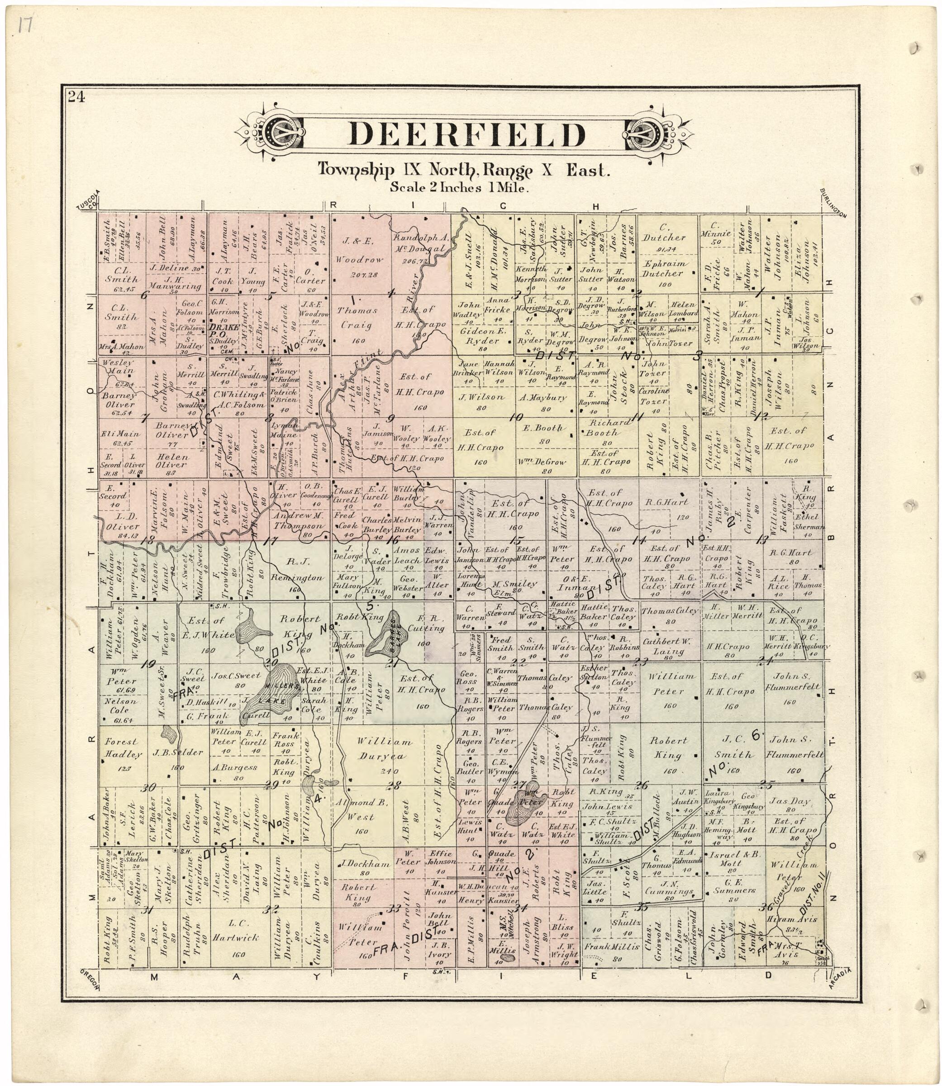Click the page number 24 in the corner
pyautogui.click(x=75, y=97)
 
